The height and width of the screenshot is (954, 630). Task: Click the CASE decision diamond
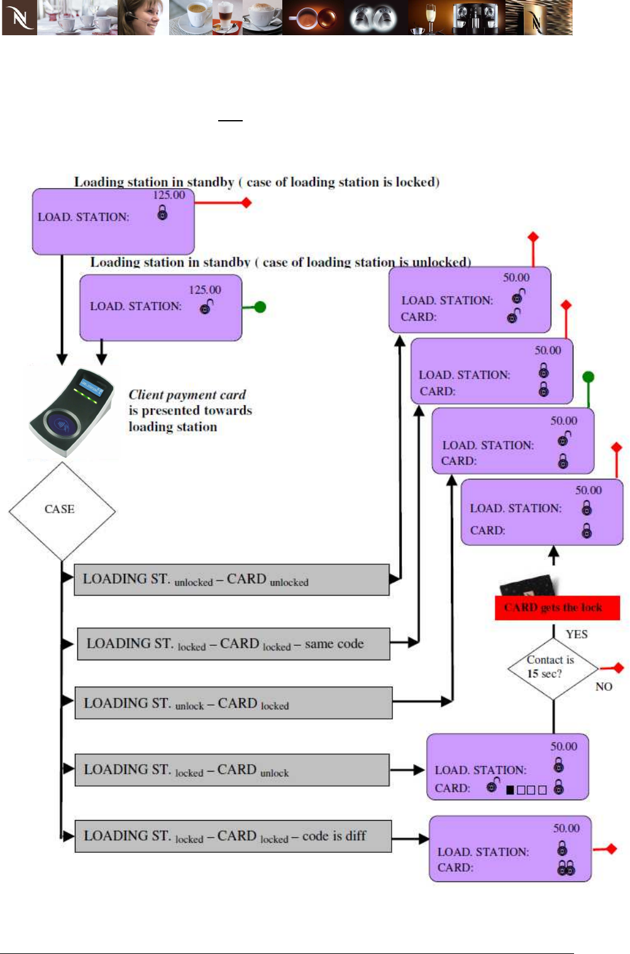tap(61, 510)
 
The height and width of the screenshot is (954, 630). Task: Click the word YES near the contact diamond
tap(576, 635)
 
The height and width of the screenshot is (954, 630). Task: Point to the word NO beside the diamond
tap(603, 687)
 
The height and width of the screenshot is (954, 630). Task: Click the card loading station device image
tap(71, 413)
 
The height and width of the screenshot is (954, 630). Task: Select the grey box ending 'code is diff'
tap(233, 836)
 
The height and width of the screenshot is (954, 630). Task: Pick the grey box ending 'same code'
tap(233, 644)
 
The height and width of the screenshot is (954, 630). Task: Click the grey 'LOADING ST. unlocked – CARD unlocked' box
tap(231, 580)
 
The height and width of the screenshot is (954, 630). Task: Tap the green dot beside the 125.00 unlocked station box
tap(260, 307)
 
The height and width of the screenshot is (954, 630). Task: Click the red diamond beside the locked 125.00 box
tap(246, 202)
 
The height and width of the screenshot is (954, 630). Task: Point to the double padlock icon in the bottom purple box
tap(566, 868)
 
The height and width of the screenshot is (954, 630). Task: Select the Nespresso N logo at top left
tap(19, 18)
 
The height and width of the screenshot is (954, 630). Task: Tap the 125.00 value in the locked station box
tap(169, 195)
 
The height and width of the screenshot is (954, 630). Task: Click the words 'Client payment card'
tap(187, 395)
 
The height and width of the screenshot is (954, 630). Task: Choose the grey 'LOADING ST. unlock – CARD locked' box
tap(233, 703)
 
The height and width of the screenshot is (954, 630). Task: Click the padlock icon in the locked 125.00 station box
tap(163, 213)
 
